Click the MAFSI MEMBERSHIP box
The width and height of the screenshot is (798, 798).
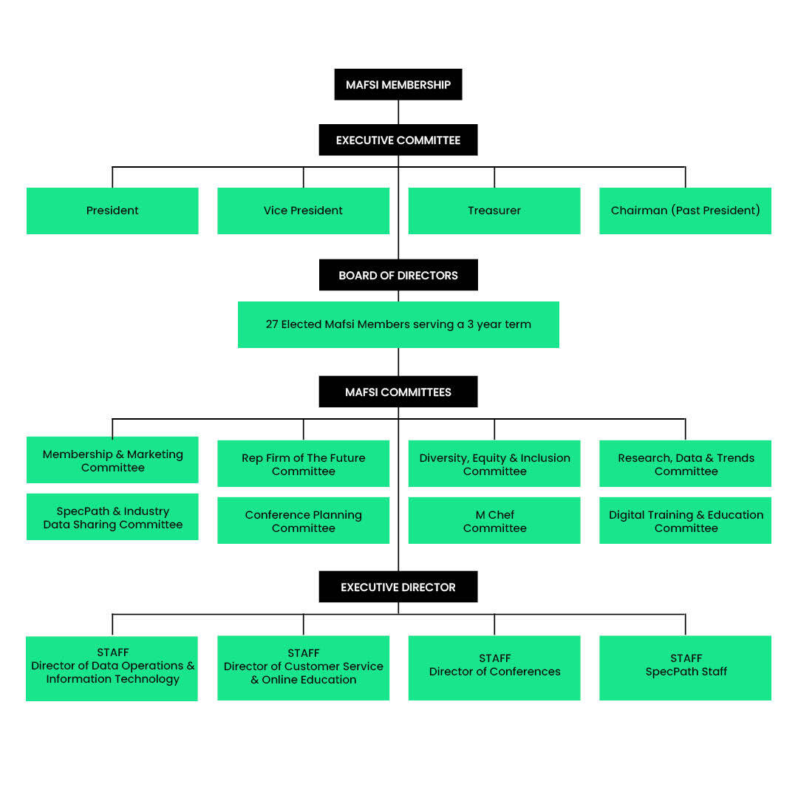click(x=398, y=84)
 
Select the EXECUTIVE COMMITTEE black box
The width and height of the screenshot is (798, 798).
click(x=398, y=140)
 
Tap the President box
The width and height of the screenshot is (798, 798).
click(x=112, y=211)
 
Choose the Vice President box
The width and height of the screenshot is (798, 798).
click(x=303, y=211)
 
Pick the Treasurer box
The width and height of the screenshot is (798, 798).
click(x=494, y=211)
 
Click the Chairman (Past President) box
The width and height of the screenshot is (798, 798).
click(x=685, y=211)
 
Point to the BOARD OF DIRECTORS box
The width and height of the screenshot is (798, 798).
click(x=398, y=275)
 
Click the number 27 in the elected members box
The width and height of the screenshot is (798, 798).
click(x=272, y=324)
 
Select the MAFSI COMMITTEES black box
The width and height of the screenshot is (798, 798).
click(x=398, y=392)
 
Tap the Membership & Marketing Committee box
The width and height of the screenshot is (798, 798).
click(x=112, y=460)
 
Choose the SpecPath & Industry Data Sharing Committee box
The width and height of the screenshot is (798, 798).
click(x=112, y=517)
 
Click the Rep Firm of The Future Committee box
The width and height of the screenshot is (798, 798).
click(x=303, y=464)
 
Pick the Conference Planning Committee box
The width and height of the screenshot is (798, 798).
click(x=303, y=521)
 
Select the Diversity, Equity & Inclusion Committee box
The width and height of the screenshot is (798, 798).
click(x=494, y=464)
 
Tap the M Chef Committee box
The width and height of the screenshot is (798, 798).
click(x=494, y=521)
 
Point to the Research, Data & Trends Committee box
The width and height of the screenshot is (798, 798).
click(x=685, y=464)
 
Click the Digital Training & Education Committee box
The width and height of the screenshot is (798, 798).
click(x=685, y=521)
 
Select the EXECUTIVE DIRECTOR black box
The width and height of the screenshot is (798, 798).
click(x=398, y=587)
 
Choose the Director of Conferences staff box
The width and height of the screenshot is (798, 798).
click(x=494, y=667)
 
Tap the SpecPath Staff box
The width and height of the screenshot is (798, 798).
click(x=685, y=667)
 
